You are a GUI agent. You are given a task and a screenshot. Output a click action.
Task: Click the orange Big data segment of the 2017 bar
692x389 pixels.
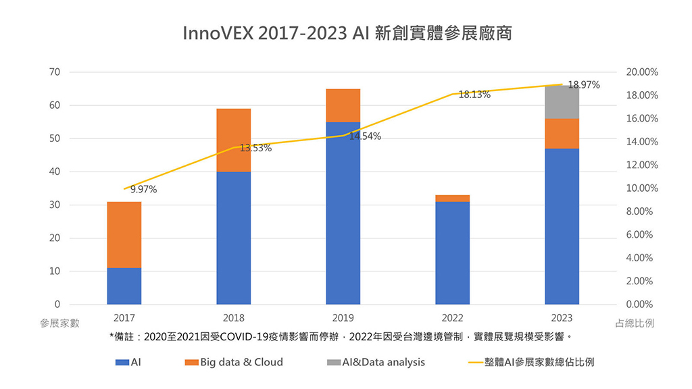click(x=124, y=234)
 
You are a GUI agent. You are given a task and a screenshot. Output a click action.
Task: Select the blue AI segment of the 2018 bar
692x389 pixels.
click(x=234, y=238)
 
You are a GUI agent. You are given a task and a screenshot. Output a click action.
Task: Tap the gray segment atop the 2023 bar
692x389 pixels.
click(x=562, y=102)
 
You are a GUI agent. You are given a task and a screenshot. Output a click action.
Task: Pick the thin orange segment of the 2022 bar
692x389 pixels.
click(x=452, y=198)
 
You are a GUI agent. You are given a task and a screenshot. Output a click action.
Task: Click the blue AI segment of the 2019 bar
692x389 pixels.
click(x=343, y=213)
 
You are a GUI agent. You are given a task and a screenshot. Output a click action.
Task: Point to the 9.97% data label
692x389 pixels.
click(x=143, y=190)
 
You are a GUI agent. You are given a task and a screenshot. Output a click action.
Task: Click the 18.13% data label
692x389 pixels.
click(x=474, y=95)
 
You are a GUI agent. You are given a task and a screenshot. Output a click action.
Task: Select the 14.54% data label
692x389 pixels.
click(x=365, y=136)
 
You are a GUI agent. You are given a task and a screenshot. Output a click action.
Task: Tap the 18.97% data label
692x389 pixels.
click(x=584, y=85)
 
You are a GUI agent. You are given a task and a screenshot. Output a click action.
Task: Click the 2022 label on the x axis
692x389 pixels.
click(x=452, y=318)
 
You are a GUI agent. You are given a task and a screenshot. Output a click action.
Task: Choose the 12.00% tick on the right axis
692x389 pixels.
click(x=643, y=165)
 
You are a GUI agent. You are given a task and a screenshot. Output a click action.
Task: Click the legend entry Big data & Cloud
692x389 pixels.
click(x=241, y=362)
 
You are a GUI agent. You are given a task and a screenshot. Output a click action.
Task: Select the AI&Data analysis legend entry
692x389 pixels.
click(x=383, y=362)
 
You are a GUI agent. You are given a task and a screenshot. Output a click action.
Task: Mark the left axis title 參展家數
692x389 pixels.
click(x=59, y=323)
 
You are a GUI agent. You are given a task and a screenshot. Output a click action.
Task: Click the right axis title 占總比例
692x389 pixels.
click(x=636, y=323)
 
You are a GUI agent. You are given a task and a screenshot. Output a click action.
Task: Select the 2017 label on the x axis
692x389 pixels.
click(x=124, y=318)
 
